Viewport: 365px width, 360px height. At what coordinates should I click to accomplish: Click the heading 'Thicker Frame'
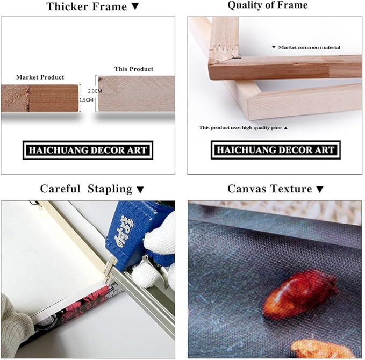(87, 6)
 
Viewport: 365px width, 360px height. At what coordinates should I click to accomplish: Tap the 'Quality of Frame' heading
(268, 5)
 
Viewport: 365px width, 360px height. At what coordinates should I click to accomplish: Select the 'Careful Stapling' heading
(86, 189)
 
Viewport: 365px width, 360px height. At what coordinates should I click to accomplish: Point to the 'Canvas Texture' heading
(269, 189)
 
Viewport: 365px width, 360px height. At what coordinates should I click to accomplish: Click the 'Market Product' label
(40, 77)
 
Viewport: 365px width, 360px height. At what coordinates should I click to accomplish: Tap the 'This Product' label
(134, 69)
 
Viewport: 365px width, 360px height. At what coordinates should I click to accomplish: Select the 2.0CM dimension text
(95, 91)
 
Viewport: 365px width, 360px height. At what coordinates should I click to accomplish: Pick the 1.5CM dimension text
(86, 100)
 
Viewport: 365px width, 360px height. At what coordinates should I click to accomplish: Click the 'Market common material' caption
(309, 47)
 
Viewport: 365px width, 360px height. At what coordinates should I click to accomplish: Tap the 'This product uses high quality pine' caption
(240, 127)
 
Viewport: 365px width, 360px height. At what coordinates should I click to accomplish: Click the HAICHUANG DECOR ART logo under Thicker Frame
(88, 150)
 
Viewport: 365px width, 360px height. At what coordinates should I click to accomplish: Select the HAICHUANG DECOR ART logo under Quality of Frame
(276, 150)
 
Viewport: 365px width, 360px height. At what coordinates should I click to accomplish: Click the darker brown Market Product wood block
(40, 98)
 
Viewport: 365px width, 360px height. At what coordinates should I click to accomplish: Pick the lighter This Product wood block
(136, 93)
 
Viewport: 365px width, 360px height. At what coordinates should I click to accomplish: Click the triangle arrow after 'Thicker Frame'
(135, 6)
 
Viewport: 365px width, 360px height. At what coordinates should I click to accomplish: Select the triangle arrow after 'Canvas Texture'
(320, 189)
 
